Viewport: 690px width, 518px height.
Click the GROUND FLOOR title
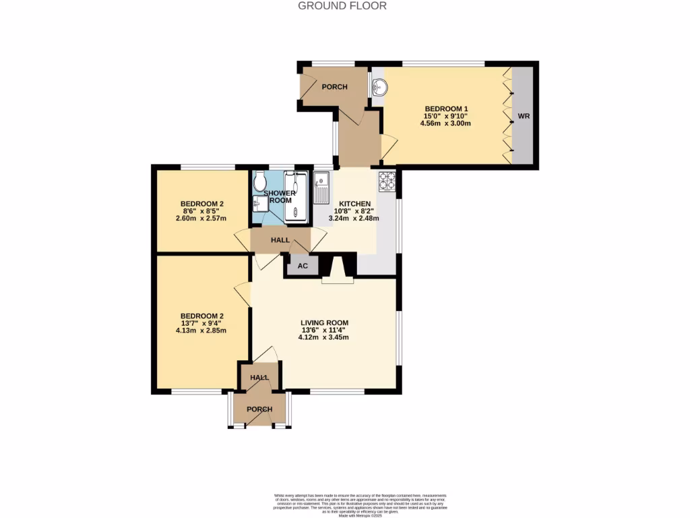click(x=342, y=6)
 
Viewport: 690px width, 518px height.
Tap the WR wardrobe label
click(x=524, y=117)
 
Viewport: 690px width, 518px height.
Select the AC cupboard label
click(x=303, y=266)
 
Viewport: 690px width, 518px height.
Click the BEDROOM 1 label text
click(x=446, y=109)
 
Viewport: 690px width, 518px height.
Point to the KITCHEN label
click(x=354, y=204)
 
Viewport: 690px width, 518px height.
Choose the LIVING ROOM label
click(x=324, y=322)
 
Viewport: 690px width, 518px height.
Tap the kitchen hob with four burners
click(x=387, y=180)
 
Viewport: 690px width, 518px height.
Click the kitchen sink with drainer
click(x=321, y=186)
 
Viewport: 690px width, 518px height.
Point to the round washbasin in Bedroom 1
click(x=379, y=86)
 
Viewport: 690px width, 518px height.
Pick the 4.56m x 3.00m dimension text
click(x=446, y=123)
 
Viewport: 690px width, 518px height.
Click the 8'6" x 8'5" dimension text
click(x=202, y=211)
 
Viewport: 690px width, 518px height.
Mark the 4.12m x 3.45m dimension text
click(x=324, y=337)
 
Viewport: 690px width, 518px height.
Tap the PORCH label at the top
click(x=334, y=87)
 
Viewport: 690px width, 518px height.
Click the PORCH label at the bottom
click(x=259, y=409)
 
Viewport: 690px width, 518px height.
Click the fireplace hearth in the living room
click(x=337, y=279)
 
